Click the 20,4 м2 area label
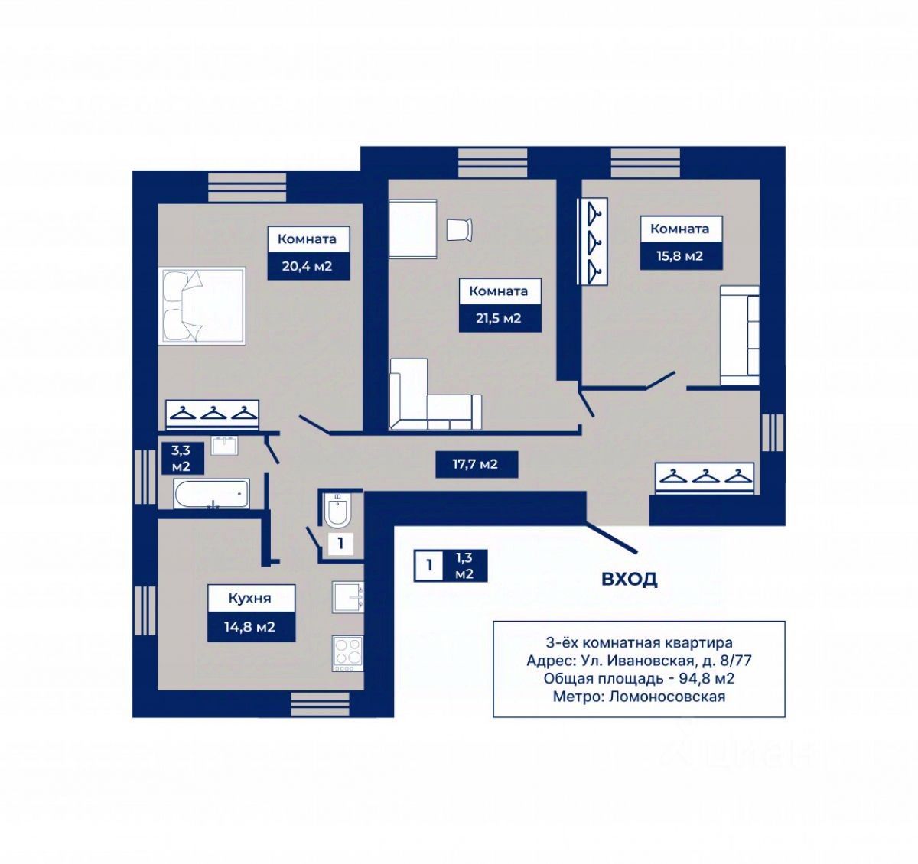point(307,267)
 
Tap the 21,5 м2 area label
point(498,318)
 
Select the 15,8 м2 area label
point(679,256)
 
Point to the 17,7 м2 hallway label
point(475,464)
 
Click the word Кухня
point(249,599)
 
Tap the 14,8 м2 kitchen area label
point(249,627)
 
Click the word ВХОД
point(629,579)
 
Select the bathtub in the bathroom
point(211,494)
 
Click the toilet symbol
point(337,510)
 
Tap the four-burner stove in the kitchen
point(347,654)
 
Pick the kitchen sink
point(347,597)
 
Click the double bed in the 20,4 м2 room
point(201,305)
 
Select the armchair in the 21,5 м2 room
point(460,229)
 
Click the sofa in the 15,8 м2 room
point(740,335)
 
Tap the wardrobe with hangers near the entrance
point(705,479)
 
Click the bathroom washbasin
point(225,446)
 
